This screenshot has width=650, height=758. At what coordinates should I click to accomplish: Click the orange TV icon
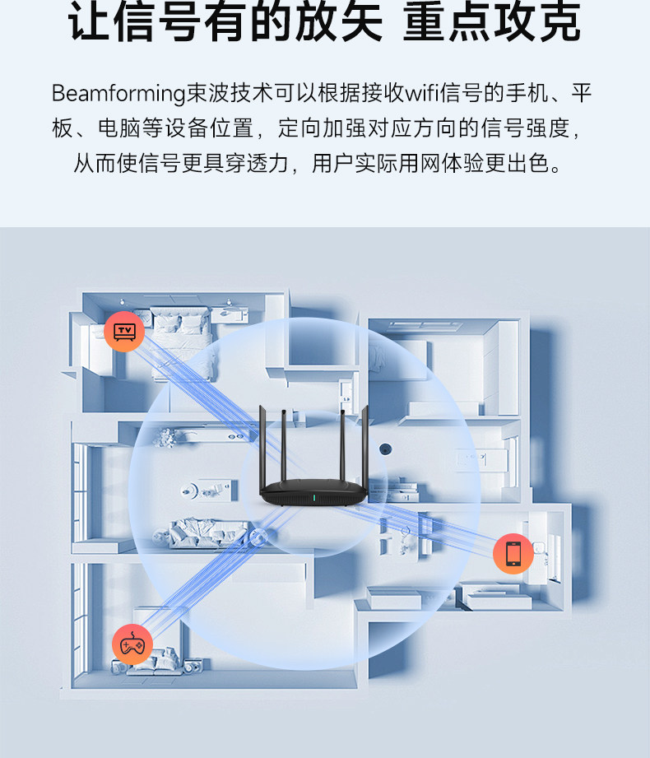tap(124, 332)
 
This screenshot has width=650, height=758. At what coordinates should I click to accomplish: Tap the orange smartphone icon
tap(513, 554)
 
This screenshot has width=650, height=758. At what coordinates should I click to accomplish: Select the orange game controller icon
tap(132, 644)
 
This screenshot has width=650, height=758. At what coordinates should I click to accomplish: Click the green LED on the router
tap(313, 497)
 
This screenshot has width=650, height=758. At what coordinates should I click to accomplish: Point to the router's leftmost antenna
tap(263, 447)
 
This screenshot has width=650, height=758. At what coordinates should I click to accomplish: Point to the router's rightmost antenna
tap(364, 446)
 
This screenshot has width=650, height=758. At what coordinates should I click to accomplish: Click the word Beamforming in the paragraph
tap(118, 93)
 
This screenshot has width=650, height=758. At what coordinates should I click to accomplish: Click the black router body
tap(313, 493)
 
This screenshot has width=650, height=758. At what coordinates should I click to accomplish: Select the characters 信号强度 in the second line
tap(525, 128)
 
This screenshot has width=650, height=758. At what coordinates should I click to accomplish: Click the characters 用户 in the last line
tap(333, 163)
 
